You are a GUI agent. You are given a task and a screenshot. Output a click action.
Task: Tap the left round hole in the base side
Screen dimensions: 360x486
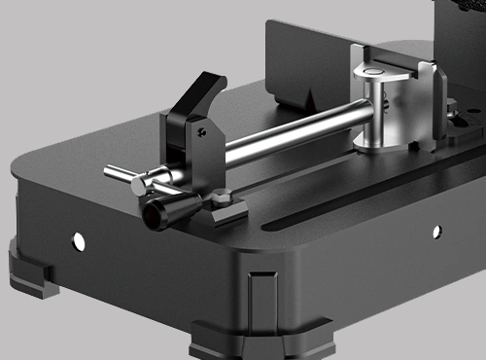click(x=79, y=239)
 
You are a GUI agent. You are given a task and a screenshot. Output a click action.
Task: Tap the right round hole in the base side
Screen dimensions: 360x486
click(x=436, y=231)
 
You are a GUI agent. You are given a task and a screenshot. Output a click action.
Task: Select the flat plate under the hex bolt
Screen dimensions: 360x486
click(x=226, y=214)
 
